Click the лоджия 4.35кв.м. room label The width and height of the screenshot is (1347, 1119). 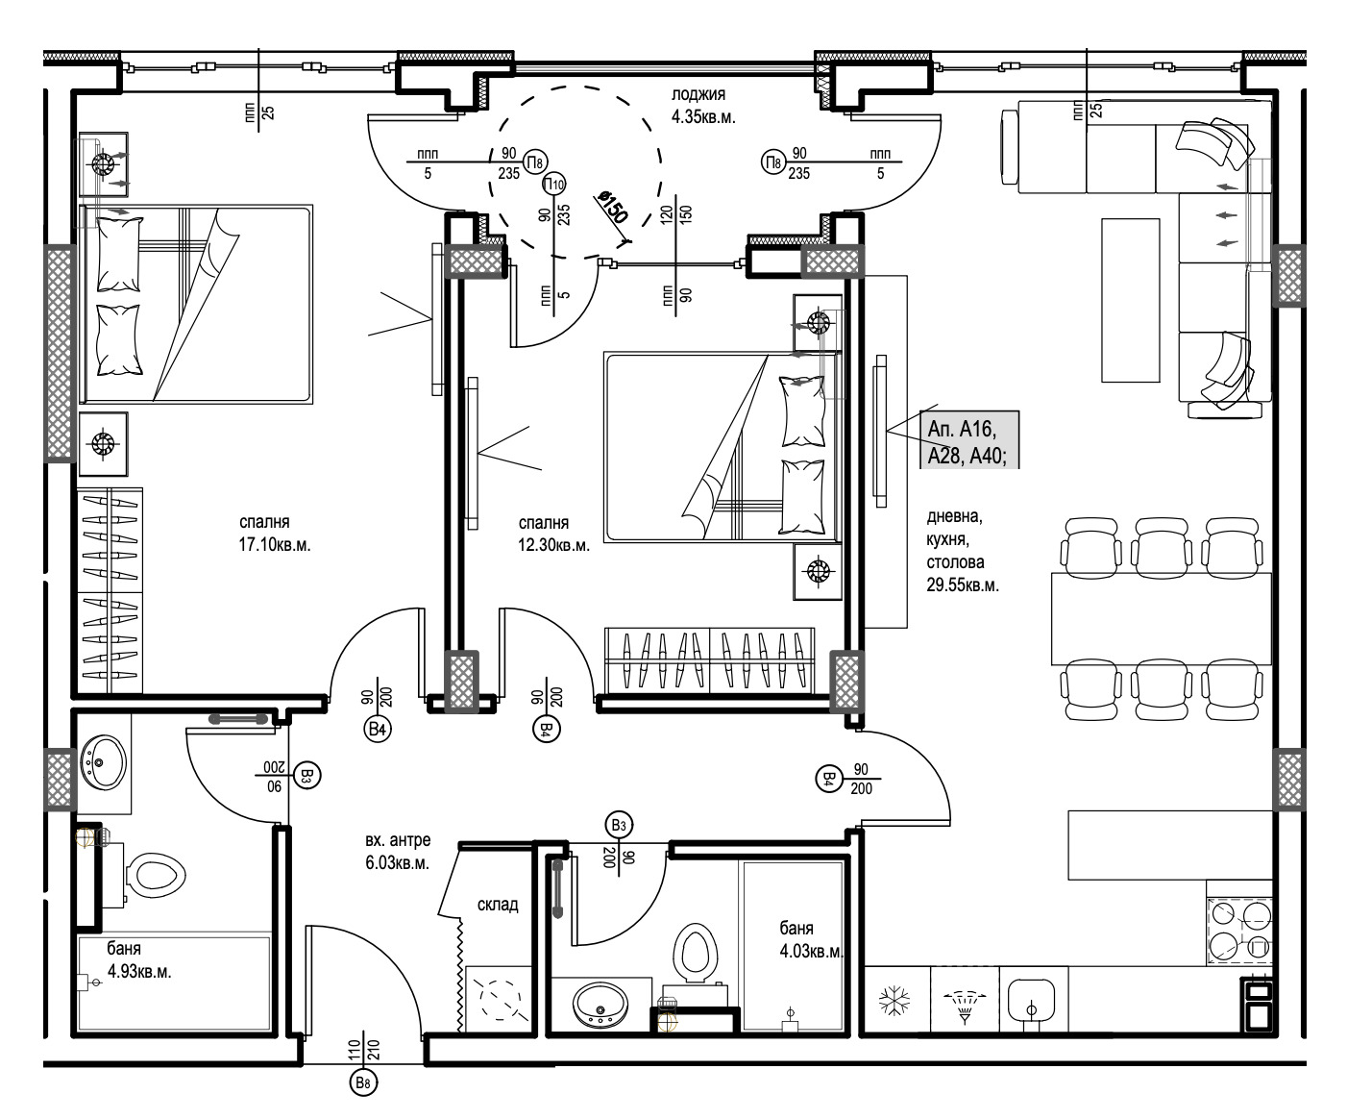pyautogui.click(x=702, y=106)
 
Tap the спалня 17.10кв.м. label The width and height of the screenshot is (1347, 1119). pyautogui.click(x=274, y=534)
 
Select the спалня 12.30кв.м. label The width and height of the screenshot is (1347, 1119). pyautogui.click(x=553, y=534)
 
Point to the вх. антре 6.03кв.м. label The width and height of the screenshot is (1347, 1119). pyautogui.click(x=398, y=851)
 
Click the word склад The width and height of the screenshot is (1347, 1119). pyautogui.click(x=498, y=904)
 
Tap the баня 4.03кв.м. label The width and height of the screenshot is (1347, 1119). pyautogui.click(x=811, y=939)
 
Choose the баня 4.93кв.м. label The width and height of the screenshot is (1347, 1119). pyautogui.click(x=138, y=959)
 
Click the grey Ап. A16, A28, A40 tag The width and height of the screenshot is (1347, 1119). pyautogui.click(x=969, y=439)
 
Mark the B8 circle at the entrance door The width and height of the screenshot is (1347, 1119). pyautogui.click(x=363, y=1082)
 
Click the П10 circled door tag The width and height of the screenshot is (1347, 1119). pyautogui.click(x=553, y=185)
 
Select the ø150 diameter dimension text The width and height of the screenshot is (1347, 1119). pyautogui.click(x=612, y=208)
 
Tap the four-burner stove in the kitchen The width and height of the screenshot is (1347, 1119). pyautogui.click(x=1239, y=932)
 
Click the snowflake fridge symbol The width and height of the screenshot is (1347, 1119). pyautogui.click(x=894, y=1002)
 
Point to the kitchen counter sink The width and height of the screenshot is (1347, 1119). pyautogui.click(x=1031, y=1002)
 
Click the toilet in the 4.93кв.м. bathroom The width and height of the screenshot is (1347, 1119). pyautogui.click(x=155, y=876)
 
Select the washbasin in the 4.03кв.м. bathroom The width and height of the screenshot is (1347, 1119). pyautogui.click(x=600, y=1005)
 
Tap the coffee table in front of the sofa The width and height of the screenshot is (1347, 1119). pyautogui.click(x=1130, y=300)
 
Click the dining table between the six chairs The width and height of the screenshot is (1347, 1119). pyautogui.click(x=1162, y=618)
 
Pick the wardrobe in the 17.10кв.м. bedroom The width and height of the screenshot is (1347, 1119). pyautogui.click(x=110, y=591)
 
